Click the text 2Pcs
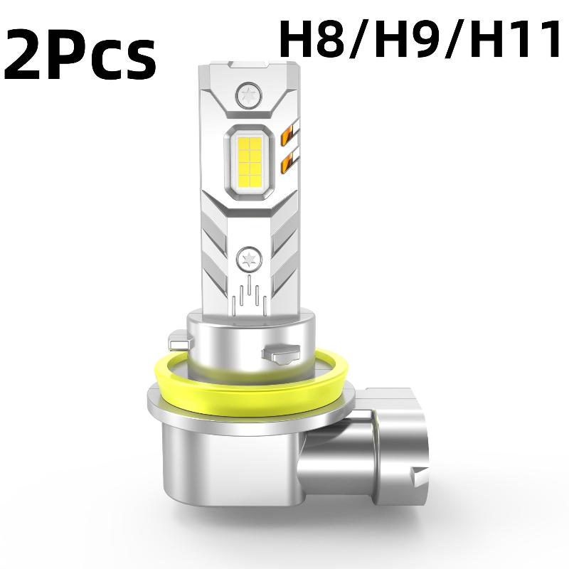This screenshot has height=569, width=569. [80, 55]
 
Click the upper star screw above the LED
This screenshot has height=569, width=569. [248, 96]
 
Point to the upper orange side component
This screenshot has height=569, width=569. [289, 134]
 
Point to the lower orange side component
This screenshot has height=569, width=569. [289, 160]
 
